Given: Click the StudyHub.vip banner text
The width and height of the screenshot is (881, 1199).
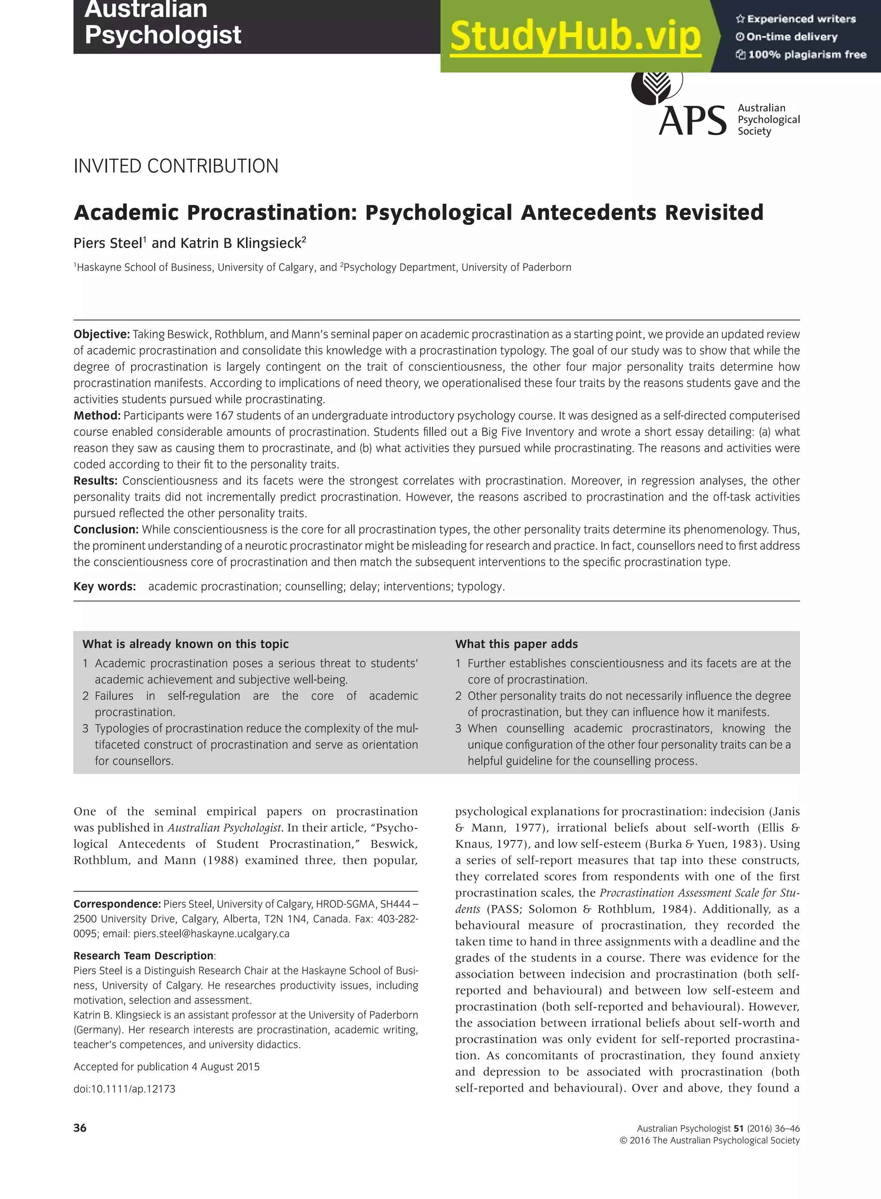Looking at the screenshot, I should (x=575, y=36).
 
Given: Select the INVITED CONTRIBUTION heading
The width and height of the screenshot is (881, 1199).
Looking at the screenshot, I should (x=176, y=166).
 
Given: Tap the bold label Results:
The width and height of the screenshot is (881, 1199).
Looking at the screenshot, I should (x=95, y=481).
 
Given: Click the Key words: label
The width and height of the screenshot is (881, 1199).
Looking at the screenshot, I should (x=105, y=586).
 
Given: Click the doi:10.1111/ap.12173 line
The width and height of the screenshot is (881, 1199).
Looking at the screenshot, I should (x=124, y=1089).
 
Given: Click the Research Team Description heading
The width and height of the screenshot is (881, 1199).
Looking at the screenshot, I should (x=143, y=956).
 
